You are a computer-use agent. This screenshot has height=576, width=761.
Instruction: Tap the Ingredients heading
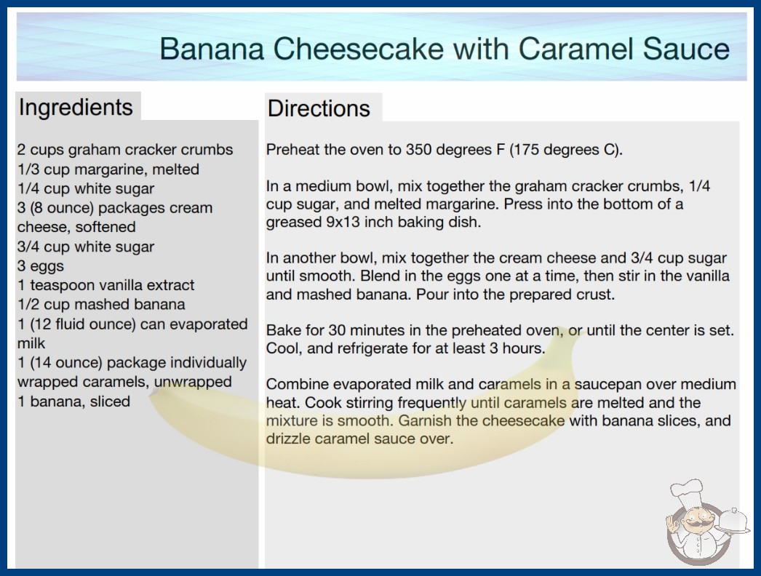click(x=76, y=108)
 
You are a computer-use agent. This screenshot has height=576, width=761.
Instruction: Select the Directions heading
click(x=319, y=108)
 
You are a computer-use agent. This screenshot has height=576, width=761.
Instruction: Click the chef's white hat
click(x=688, y=491)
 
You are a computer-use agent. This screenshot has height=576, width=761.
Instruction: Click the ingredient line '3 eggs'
click(x=40, y=266)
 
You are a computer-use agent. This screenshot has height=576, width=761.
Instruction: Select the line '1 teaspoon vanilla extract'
click(x=105, y=285)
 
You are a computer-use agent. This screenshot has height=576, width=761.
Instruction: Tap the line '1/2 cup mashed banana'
click(x=101, y=304)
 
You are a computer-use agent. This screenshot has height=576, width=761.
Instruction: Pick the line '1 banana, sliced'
click(x=73, y=401)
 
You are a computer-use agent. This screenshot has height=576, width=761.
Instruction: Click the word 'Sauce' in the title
click(x=686, y=49)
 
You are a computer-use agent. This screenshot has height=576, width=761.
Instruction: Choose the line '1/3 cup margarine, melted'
click(x=108, y=169)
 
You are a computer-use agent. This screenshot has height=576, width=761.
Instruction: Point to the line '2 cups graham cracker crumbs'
click(x=125, y=150)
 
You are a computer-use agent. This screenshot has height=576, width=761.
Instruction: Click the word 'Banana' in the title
click(x=212, y=49)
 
